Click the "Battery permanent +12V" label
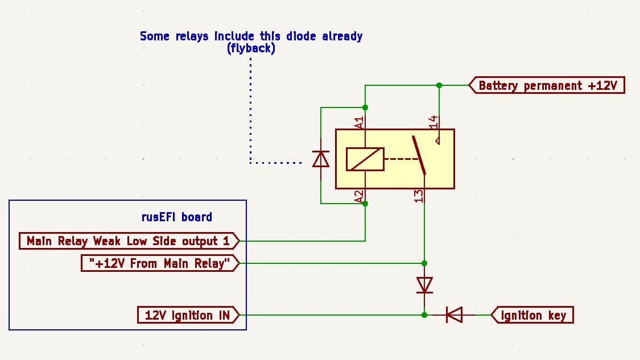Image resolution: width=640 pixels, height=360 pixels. pyautogui.click(x=547, y=86)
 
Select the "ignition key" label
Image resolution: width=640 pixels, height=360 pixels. pyautogui.click(x=533, y=315)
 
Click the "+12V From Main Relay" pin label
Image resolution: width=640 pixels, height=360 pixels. pyautogui.click(x=159, y=263)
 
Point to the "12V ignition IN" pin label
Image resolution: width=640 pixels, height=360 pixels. pyautogui.click(x=187, y=315)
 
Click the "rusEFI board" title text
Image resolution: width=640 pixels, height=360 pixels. pyautogui.click(x=176, y=217)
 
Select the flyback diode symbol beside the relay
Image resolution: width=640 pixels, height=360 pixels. pyautogui.click(x=321, y=159)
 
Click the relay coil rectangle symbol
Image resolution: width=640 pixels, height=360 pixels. pyautogui.click(x=365, y=159)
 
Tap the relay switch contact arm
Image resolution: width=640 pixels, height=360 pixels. pyautogui.click(x=419, y=155)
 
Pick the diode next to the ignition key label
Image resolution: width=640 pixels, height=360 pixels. pyautogui.click(x=454, y=315)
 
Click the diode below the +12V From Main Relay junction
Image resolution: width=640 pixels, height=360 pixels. pyautogui.click(x=424, y=285)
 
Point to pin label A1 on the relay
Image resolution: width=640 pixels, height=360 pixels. pyautogui.click(x=359, y=122)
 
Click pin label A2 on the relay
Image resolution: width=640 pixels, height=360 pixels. pyautogui.click(x=359, y=196)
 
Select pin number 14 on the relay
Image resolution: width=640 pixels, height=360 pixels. pyautogui.click(x=433, y=122)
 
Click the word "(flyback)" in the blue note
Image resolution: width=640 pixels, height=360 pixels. pyautogui.click(x=251, y=49)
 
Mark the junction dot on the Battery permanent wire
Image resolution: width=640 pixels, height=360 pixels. pyautogui.click(x=439, y=85)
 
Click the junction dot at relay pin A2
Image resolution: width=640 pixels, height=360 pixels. pyautogui.click(x=365, y=203)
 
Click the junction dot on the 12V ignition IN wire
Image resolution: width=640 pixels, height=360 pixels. pyautogui.click(x=424, y=315)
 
